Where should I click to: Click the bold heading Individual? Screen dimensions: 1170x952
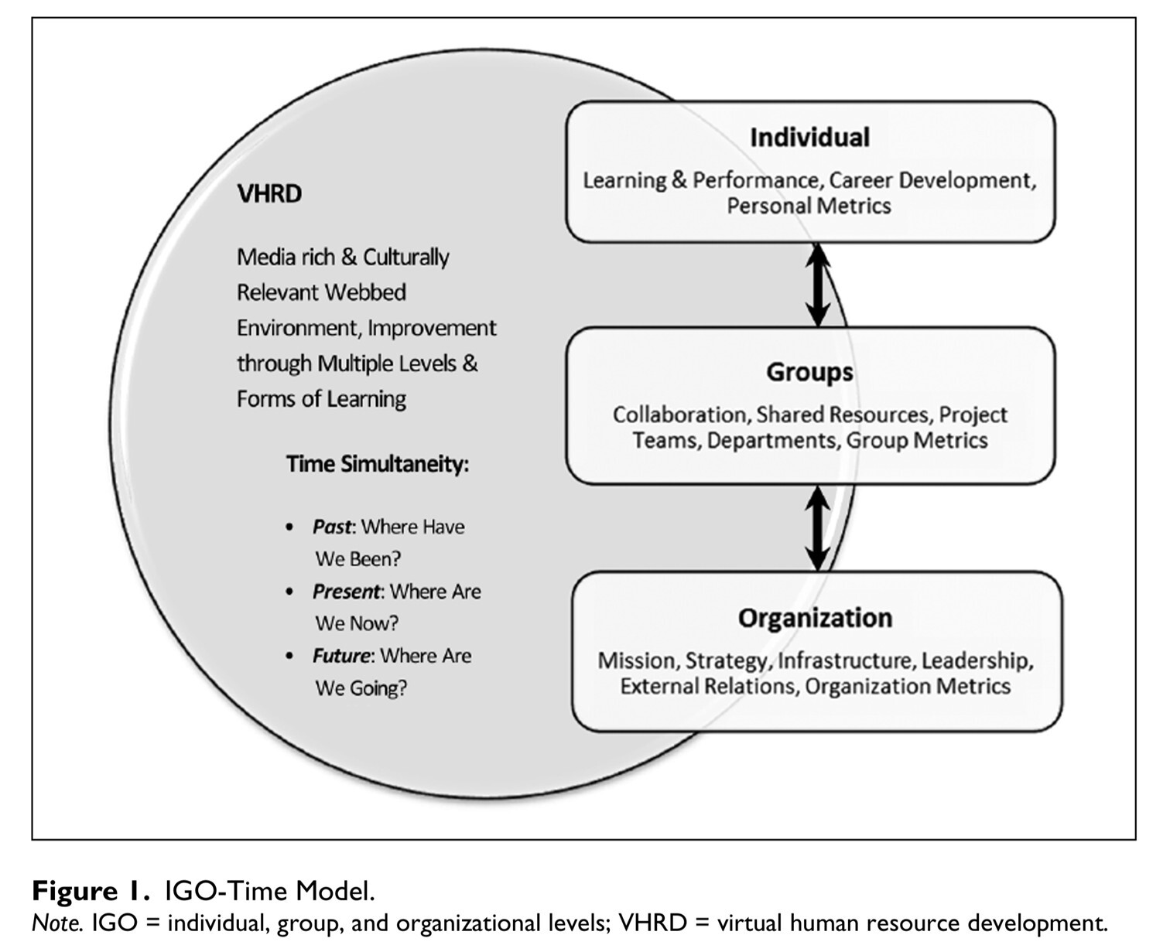809,137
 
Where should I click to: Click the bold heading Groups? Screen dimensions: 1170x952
809,372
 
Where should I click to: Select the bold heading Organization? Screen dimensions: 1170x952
815,618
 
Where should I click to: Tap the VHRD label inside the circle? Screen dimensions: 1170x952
269,194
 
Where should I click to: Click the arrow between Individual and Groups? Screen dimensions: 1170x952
818,285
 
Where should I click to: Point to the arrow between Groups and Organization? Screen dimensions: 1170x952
817,529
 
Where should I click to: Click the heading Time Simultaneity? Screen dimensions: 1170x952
378,465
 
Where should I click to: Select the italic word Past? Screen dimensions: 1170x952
332,527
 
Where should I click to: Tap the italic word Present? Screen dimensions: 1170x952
346,592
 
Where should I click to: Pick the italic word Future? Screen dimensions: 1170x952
341,656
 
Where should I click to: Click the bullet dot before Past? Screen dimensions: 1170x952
289,527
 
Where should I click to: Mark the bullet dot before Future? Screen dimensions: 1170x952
289,657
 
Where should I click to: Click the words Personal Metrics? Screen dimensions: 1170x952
809,206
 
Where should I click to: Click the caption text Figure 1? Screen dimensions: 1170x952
91,891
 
